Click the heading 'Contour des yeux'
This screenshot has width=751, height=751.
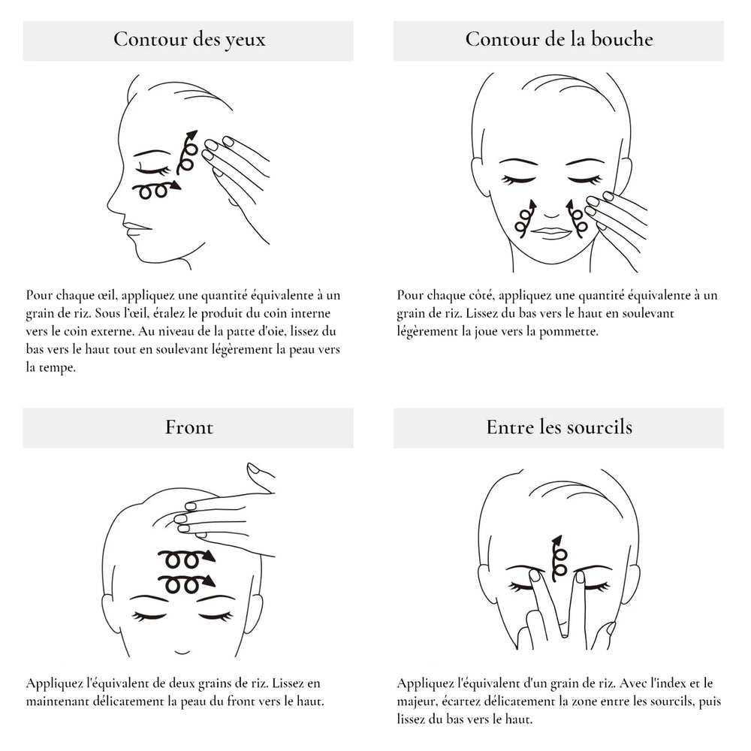point(189,40)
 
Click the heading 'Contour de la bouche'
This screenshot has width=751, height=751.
point(559,39)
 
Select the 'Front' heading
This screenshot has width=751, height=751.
point(189,427)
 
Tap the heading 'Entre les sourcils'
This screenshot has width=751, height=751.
point(559,427)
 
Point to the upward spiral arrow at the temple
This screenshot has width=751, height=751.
point(187,152)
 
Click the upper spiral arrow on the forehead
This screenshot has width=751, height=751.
point(186,559)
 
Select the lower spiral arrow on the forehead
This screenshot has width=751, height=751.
point(186,584)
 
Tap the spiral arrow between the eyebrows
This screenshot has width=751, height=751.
point(558,557)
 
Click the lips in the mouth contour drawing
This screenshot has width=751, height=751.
point(551,232)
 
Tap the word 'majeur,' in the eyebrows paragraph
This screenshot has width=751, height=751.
point(416,702)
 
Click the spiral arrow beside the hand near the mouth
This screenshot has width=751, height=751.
point(576,219)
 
